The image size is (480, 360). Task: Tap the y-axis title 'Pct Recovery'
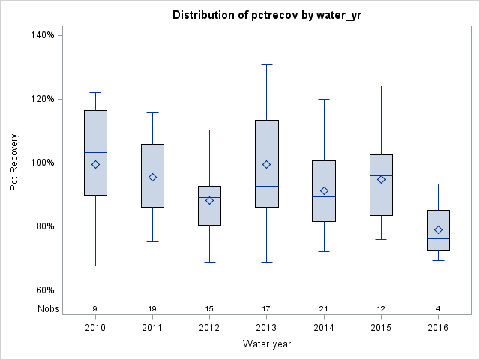[15, 163]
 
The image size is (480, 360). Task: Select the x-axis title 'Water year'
[266, 343]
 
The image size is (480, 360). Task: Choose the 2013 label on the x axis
[266, 327]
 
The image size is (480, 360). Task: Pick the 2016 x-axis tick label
[438, 327]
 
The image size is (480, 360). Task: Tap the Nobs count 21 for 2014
[324, 309]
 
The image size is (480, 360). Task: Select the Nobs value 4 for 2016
[438, 309]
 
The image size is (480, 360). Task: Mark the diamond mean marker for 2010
[95, 164]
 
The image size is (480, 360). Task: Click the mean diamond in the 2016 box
[438, 229]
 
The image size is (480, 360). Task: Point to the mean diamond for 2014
[324, 191]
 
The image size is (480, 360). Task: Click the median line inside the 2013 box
[266, 186]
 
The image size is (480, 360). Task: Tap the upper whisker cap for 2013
[266, 64]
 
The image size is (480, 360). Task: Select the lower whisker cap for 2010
[95, 265]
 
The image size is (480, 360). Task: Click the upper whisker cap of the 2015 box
[381, 85]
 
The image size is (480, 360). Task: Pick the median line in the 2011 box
[152, 178]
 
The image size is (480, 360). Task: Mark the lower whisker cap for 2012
[209, 262]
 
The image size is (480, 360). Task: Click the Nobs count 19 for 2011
[152, 309]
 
